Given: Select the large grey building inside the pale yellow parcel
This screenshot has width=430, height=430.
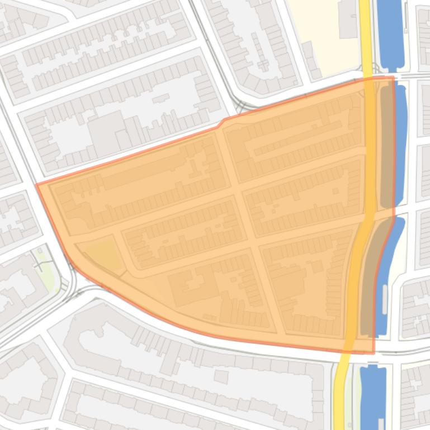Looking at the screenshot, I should (x=348, y=20).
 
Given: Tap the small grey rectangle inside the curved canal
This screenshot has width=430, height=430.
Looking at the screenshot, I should (x=384, y=299).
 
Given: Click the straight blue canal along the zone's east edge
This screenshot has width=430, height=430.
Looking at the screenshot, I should (x=400, y=145).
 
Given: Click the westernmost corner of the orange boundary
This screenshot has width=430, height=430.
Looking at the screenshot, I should (x=37, y=185).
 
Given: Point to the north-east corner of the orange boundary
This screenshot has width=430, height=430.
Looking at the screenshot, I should (x=393, y=77).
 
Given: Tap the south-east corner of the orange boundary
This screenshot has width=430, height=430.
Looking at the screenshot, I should (x=374, y=353).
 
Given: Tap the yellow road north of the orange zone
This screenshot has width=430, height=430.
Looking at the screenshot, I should (x=365, y=34).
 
